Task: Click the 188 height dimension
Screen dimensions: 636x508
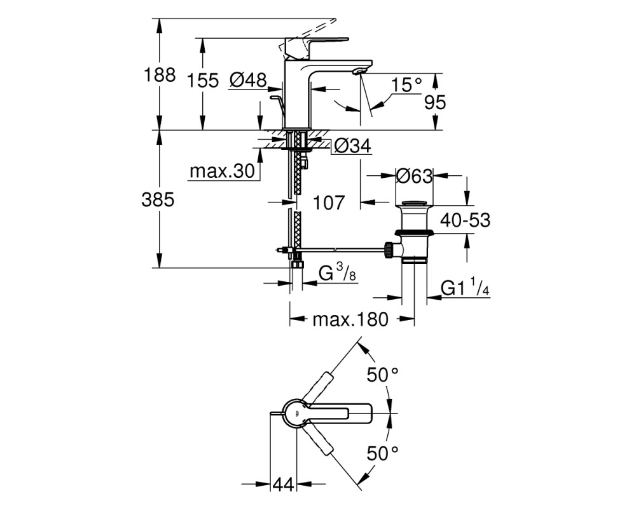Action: (160, 76)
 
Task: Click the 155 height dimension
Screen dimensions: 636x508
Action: (203, 81)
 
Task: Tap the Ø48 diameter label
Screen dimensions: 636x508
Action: (247, 80)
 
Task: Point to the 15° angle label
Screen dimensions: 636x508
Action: (406, 86)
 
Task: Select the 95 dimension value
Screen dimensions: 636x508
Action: (435, 102)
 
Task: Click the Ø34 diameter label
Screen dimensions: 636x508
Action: (351, 146)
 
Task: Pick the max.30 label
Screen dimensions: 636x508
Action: (222, 171)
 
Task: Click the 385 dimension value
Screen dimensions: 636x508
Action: (158, 200)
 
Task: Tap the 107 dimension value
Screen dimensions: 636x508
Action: (329, 203)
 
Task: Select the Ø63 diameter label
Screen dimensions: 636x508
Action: (414, 177)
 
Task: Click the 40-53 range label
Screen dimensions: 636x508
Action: (466, 220)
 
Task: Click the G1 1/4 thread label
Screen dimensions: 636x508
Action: (466, 287)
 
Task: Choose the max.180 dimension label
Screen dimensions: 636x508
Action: (350, 319)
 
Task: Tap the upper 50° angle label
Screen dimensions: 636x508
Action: (382, 374)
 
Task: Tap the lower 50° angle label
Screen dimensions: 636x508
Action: (382, 453)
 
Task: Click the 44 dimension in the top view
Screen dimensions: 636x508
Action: (283, 484)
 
